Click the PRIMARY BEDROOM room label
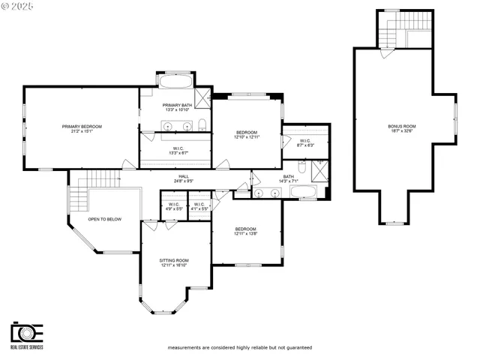(x=82, y=126)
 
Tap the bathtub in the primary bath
(x=175, y=80)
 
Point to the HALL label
(x=184, y=175)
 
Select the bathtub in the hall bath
(x=304, y=193)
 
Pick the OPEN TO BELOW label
(x=104, y=220)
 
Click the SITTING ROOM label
(x=173, y=259)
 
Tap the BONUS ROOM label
(x=401, y=126)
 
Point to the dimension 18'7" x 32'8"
(x=401, y=131)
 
